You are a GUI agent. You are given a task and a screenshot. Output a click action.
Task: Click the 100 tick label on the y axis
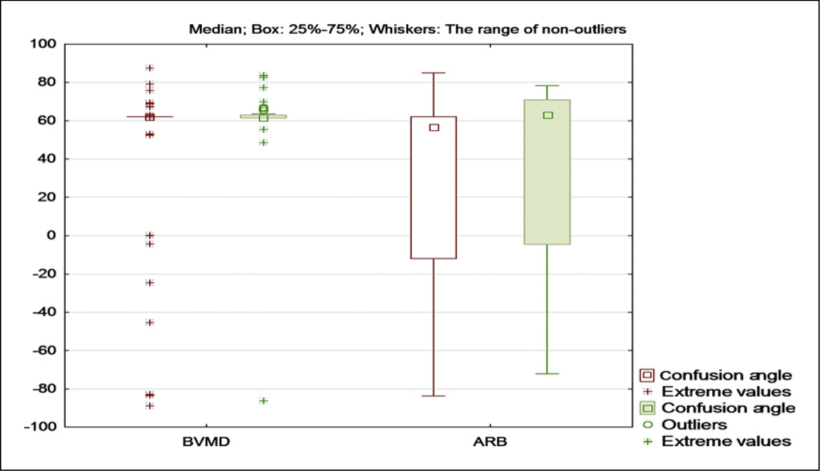coord(44,44)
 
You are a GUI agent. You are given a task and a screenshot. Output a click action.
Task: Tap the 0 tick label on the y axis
coord(51,235)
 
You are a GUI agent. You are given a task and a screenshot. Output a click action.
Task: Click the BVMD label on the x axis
coord(206,441)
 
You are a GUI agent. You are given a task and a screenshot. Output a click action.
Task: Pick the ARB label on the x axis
coord(490,441)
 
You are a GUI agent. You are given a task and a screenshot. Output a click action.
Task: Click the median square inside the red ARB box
coord(434,128)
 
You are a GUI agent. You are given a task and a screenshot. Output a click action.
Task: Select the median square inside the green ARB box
coord(548,115)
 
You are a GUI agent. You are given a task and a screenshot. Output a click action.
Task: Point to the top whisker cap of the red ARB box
coord(433,73)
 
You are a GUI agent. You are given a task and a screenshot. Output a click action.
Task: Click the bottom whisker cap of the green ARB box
coord(547,374)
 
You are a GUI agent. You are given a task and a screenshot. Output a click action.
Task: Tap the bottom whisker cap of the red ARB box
coord(433,396)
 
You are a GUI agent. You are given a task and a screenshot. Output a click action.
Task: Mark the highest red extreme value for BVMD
coord(149,68)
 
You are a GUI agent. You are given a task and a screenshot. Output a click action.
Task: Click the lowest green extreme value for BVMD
coord(263,401)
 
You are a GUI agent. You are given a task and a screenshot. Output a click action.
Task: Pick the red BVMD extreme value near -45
coord(149,323)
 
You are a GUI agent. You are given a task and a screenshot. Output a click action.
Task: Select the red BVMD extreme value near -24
coord(149,283)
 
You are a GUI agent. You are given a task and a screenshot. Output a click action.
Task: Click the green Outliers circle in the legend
coord(647,425)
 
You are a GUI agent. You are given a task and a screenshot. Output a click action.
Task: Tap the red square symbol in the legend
coord(647,375)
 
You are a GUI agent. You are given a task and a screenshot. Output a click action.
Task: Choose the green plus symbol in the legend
coord(647,441)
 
